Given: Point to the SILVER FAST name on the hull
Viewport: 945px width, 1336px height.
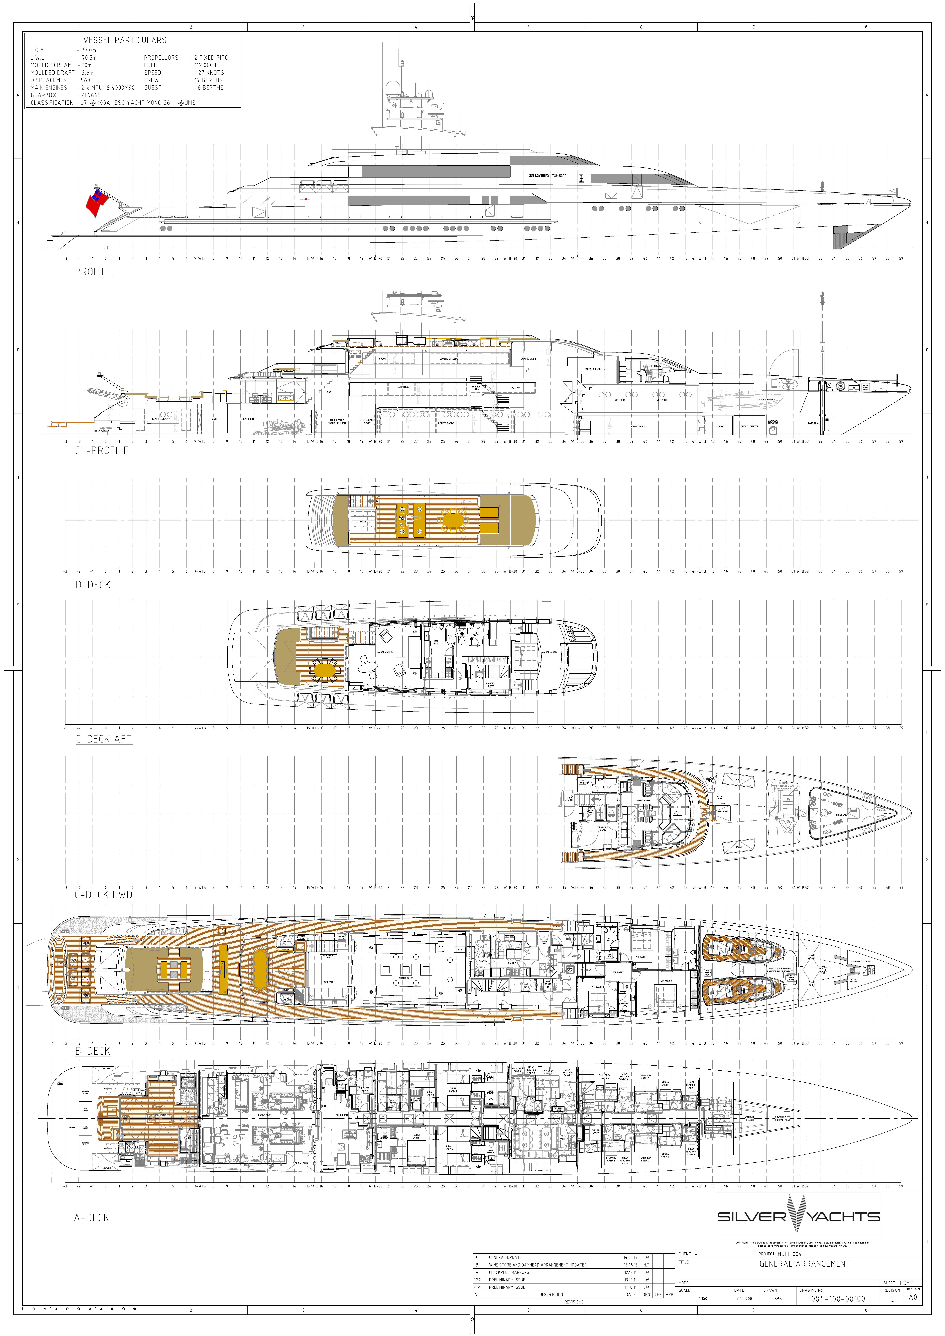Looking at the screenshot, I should point(547,175).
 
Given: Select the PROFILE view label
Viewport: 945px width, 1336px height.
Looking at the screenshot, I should point(93,272).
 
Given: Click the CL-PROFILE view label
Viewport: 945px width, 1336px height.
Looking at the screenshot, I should point(101,450).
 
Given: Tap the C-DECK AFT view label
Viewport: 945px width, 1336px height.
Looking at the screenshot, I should point(104,739).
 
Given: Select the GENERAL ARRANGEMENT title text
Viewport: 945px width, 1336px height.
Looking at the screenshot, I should point(804,1264).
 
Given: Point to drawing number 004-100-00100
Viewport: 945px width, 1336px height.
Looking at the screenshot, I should point(838,1299).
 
